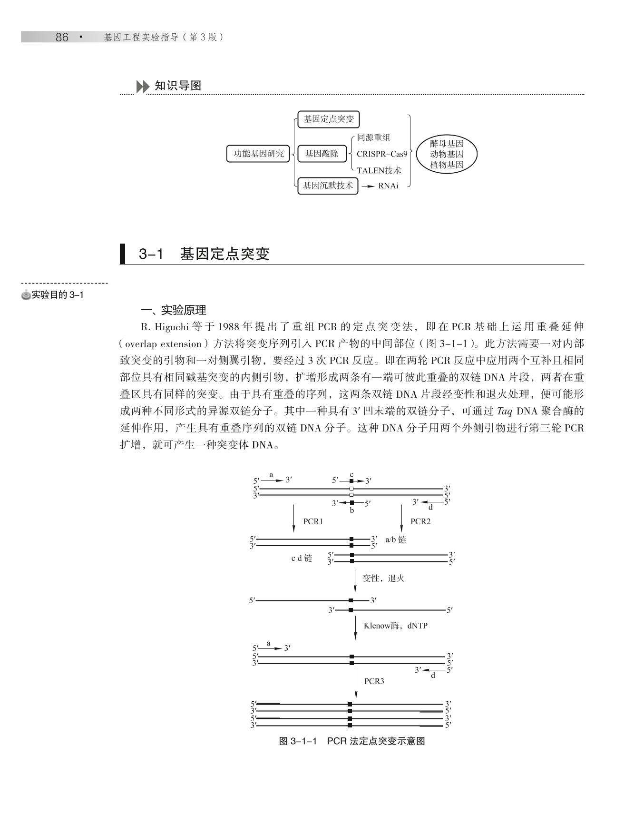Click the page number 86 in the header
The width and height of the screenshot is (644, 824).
tap(62, 37)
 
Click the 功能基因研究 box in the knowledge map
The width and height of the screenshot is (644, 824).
tap(258, 154)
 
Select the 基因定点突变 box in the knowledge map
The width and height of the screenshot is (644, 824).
tap(329, 119)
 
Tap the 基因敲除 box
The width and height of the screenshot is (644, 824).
tap(322, 154)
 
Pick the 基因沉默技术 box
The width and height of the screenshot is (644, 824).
tap(328, 186)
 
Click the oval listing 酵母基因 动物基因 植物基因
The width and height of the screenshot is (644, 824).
tap(446, 154)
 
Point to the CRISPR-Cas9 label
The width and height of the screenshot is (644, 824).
tap(382, 154)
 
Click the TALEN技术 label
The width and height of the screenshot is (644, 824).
tap(379, 170)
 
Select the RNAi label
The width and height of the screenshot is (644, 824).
tap(388, 186)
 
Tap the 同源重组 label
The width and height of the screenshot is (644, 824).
tap(374, 137)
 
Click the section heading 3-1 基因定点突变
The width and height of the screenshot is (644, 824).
tap(204, 254)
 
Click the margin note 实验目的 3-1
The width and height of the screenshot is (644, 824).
tap(57, 295)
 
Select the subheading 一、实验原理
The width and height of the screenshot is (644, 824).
tap(174, 310)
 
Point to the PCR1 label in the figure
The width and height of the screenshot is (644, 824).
tap(313, 521)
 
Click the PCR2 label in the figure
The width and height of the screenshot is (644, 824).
tap(420, 521)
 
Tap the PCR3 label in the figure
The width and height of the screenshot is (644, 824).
tap(374, 681)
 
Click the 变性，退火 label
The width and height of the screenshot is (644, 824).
tap(383, 578)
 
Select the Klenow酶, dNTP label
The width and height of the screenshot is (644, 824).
tap(395, 626)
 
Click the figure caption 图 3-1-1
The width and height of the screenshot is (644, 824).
tap(351, 741)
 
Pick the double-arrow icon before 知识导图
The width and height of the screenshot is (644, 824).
tap(142, 87)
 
